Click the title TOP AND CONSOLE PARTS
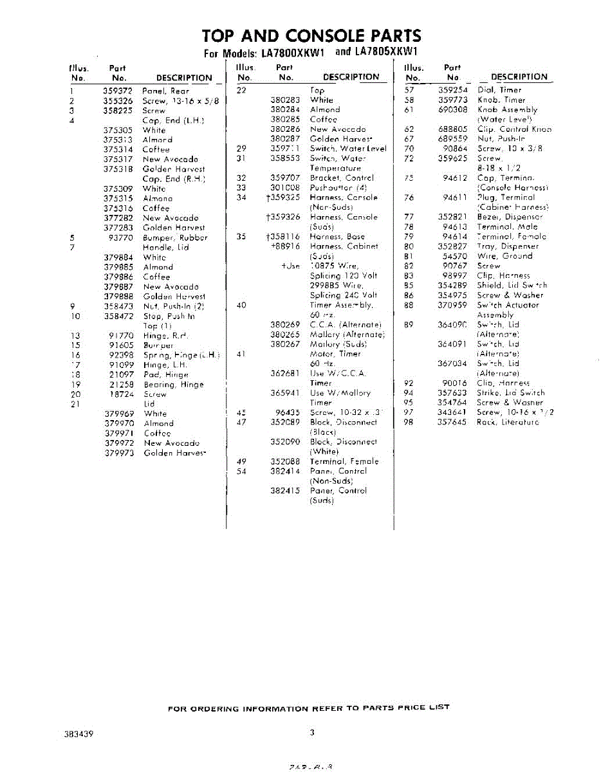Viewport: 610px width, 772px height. pos(311,36)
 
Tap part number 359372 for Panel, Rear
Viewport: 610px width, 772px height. pos(118,91)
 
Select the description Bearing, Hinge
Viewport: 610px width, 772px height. pos(173,385)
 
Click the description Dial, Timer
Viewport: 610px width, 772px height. pos(499,90)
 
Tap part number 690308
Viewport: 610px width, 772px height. pos(452,109)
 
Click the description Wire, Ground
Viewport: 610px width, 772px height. pos(504,256)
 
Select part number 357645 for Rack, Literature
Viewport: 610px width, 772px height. pos(452,422)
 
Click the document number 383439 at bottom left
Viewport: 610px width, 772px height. pos(79,733)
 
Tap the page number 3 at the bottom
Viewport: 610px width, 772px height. pos(311,732)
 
